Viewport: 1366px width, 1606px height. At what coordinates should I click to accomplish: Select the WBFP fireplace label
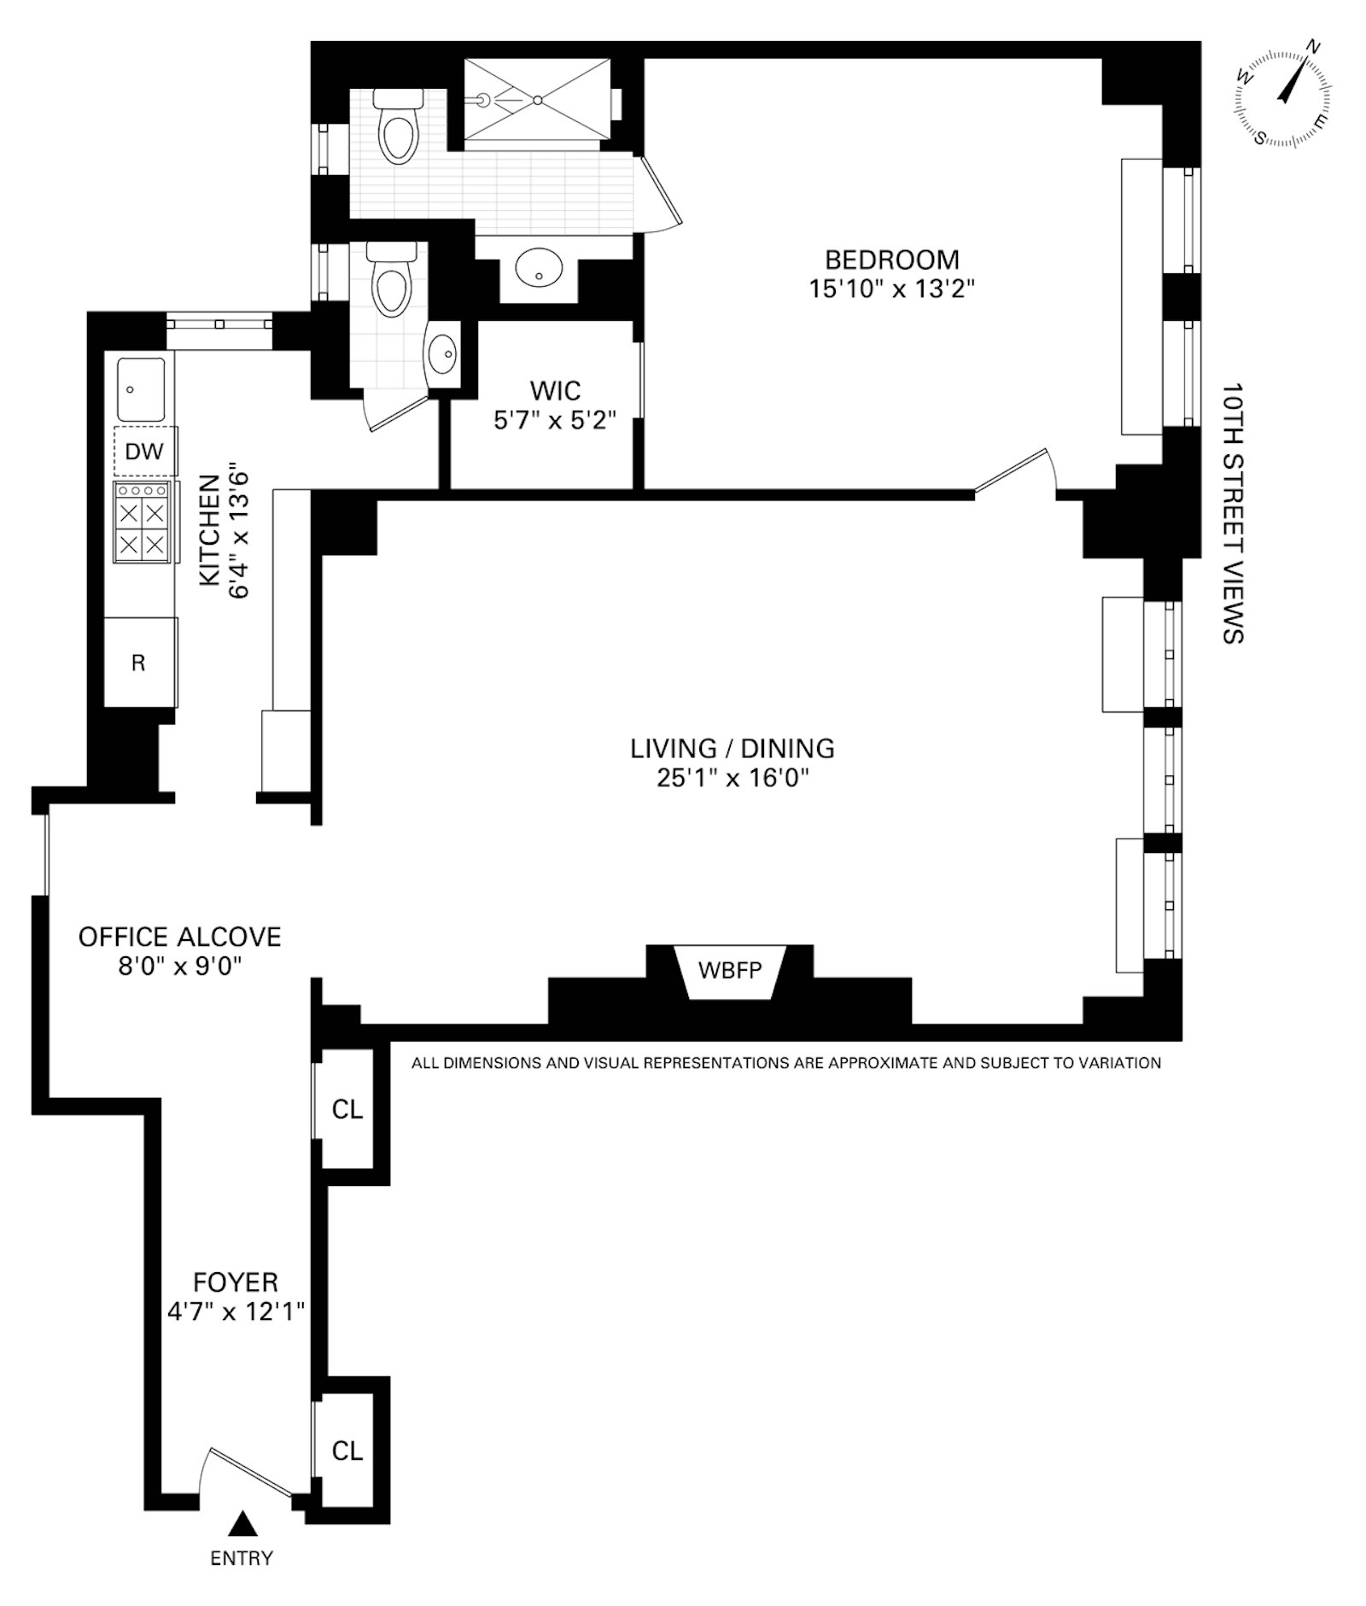[x=729, y=971]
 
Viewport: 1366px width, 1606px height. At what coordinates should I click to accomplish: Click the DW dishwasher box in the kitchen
[x=144, y=451]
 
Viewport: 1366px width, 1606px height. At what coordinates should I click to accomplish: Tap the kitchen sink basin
[x=141, y=389]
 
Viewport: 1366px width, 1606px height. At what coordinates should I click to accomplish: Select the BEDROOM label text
[x=891, y=259]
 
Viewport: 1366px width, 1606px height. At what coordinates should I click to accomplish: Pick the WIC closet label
[x=555, y=391]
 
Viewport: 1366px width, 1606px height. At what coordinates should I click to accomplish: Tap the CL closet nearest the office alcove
[x=347, y=1109]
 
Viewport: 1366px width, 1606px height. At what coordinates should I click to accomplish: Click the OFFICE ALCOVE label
[x=179, y=937]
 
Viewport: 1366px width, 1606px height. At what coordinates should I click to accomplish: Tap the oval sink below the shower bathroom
[x=539, y=268]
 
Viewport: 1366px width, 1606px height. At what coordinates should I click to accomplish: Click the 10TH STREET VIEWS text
[x=1232, y=512]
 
